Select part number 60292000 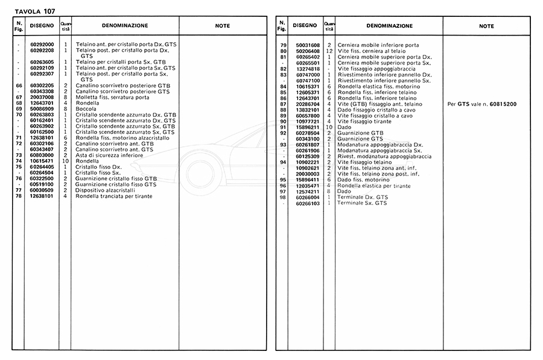pyautogui.click(x=42, y=45)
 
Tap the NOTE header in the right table pyautogui.click(x=486, y=26)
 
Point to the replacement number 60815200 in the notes pyautogui.click(x=495, y=104)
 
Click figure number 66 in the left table pyautogui.click(x=19, y=86)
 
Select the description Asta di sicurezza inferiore pyautogui.click(x=110, y=155)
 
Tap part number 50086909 pyautogui.click(x=42, y=109)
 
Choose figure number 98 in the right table pyautogui.click(x=282, y=198)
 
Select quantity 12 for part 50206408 pyautogui.click(x=329, y=51)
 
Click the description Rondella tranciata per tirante pyautogui.click(x=114, y=196)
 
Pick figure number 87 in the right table pyautogui.click(x=282, y=104)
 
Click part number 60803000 pyautogui.click(x=42, y=155)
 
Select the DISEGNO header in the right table pyautogui.click(x=304, y=26)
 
